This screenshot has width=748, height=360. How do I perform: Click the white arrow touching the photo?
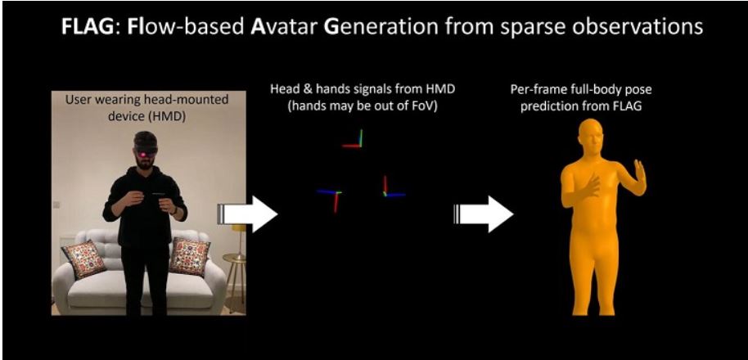click(248, 214)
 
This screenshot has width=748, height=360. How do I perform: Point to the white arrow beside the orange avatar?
click(483, 214)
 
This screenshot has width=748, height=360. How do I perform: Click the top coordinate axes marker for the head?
click(353, 139)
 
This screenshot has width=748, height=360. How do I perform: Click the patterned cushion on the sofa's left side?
click(84, 259)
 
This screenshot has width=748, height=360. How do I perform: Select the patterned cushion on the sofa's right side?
click(190, 257)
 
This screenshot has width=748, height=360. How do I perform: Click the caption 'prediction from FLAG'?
click(580, 106)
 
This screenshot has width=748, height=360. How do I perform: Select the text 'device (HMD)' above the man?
click(147, 116)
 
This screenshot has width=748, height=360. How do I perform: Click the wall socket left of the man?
click(56, 205)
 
